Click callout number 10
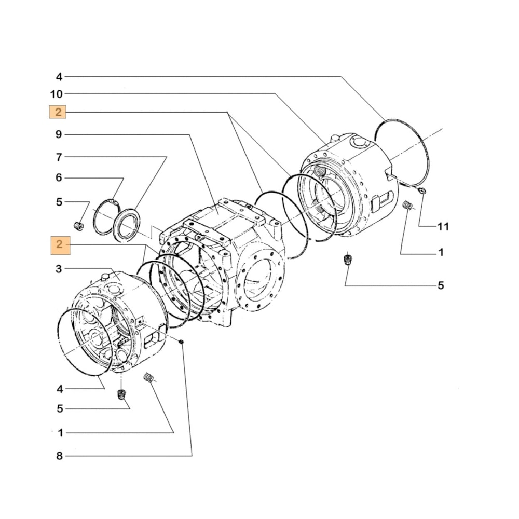point(57,94)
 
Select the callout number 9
point(59,135)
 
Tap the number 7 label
point(59,157)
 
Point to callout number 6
point(59,178)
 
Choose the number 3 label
point(59,269)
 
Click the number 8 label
point(59,456)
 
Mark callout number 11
point(443,227)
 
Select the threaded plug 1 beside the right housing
point(408,206)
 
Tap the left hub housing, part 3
point(119,322)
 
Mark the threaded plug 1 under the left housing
point(149,377)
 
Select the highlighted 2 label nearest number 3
point(59,244)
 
